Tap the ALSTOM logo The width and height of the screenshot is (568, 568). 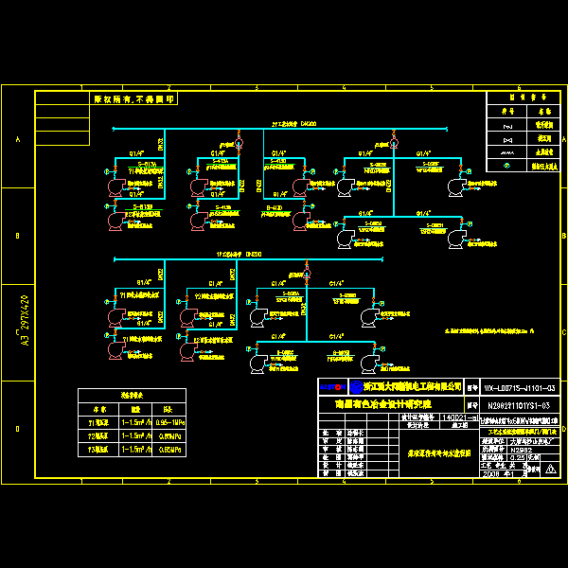(x=331, y=387)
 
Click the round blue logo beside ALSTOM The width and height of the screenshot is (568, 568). (x=355, y=387)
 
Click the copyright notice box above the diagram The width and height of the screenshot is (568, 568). (x=133, y=98)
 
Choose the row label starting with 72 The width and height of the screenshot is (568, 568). (x=98, y=435)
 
